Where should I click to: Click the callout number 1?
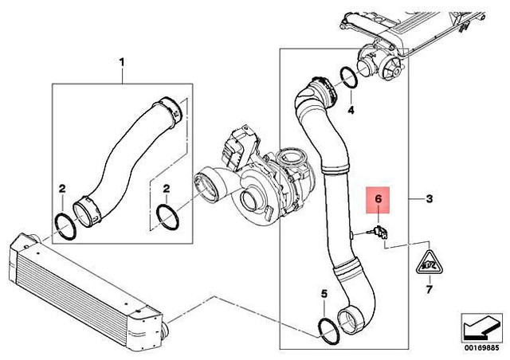pyautogui.click(x=122, y=61)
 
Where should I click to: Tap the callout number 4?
pyautogui.click(x=350, y=109)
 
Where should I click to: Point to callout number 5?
pyautogui.click(x=324, y=295)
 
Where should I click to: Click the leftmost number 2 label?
pyautogui.click(x=61, y=188)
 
